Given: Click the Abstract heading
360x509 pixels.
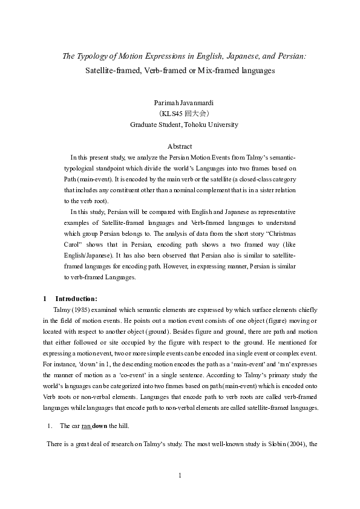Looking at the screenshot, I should [x=180, y=146].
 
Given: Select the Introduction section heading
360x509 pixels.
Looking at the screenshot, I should [x=76, y=298].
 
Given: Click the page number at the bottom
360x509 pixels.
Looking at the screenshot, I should [x=180, y=475].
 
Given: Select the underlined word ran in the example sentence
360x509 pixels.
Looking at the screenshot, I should [x=87, y=426].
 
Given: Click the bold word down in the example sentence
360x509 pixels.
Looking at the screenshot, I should [x=100, y=426].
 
